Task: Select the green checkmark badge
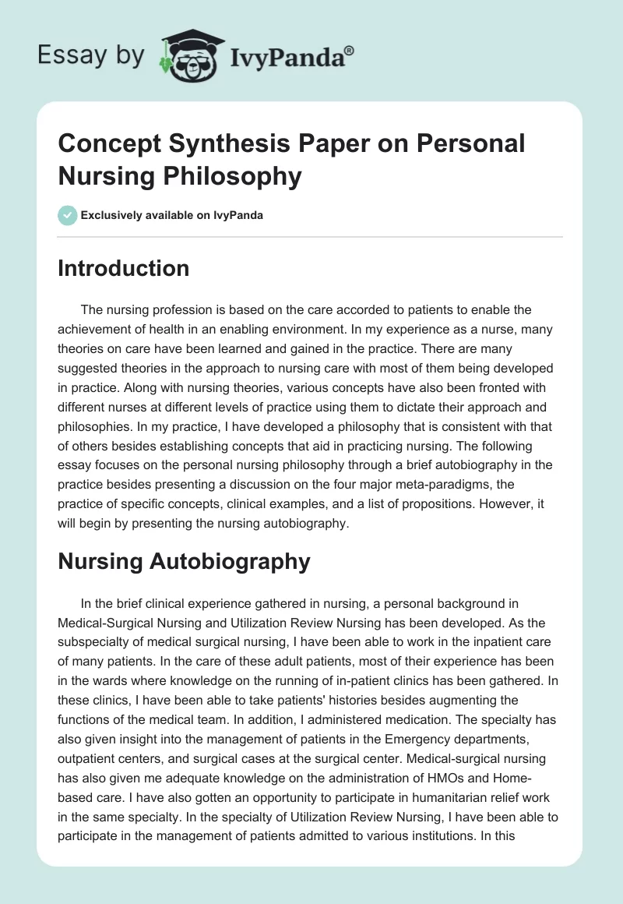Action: pos(67,215)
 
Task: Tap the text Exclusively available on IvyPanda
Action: pos(172,215)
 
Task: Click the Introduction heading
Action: pos(124,268)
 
